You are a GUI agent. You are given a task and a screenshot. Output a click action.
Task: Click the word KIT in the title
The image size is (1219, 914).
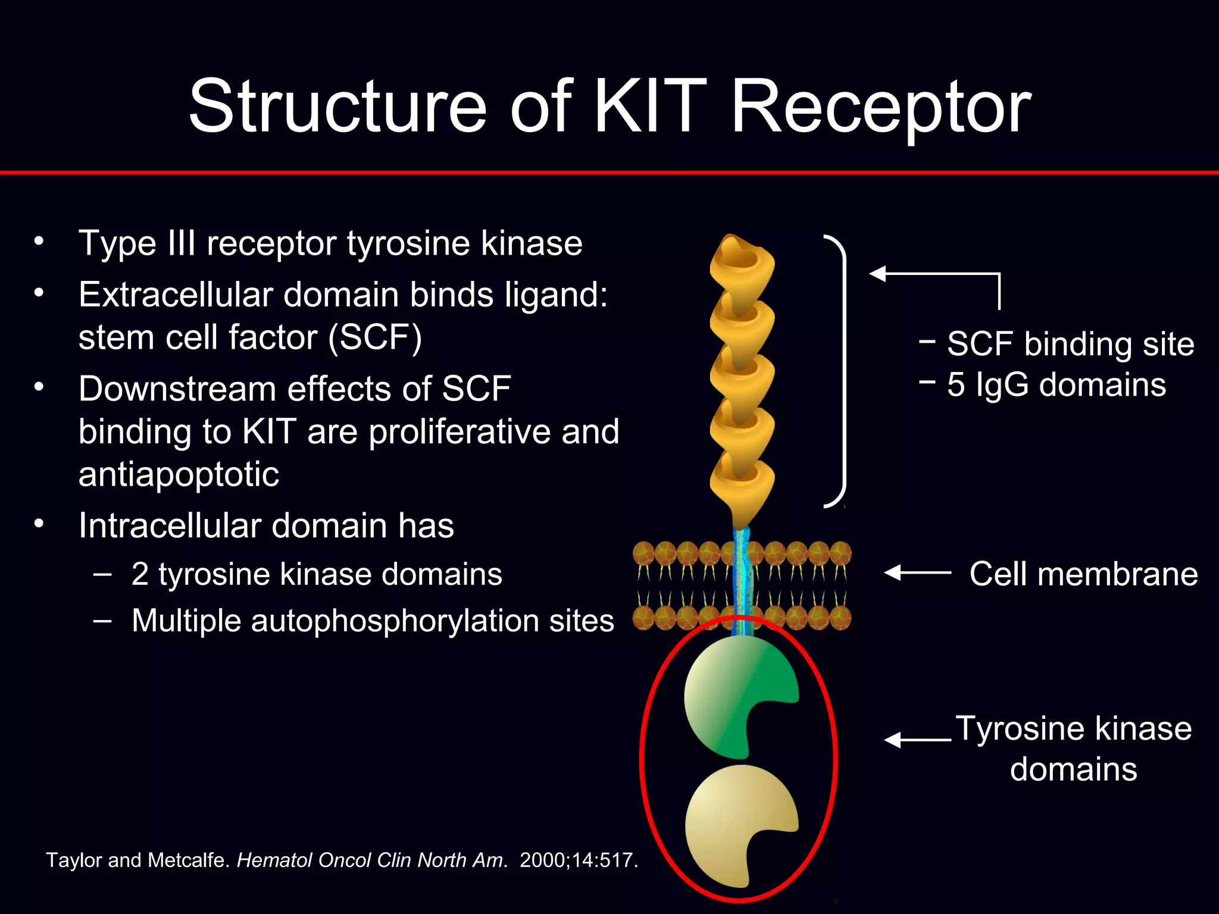tap(650, 107)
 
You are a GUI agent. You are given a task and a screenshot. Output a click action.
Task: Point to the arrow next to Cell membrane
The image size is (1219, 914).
tap(917, 572)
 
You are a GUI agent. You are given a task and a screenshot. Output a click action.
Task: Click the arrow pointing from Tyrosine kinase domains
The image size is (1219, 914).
tap(917, 740)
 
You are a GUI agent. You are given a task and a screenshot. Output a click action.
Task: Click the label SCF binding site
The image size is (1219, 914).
tap(1070, 344)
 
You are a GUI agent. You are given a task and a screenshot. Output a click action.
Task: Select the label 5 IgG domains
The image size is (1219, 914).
tap(1057, 385)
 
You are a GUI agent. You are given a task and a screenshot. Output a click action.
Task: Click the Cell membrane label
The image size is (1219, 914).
tap(1083, 574)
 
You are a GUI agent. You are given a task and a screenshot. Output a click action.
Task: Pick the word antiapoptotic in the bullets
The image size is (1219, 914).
tap(179, 475)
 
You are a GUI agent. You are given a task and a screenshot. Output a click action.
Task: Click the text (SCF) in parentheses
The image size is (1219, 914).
tap(375, 338)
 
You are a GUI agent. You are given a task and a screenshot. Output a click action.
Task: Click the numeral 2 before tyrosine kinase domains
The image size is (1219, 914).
tap(140, 574)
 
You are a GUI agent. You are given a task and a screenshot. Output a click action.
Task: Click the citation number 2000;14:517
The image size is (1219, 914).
tap(578, 860)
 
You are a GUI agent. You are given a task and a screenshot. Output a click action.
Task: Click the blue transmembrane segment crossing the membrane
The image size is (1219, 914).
tap(742, 580)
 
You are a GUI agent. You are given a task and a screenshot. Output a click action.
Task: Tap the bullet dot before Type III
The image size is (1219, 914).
tap(39, 242)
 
